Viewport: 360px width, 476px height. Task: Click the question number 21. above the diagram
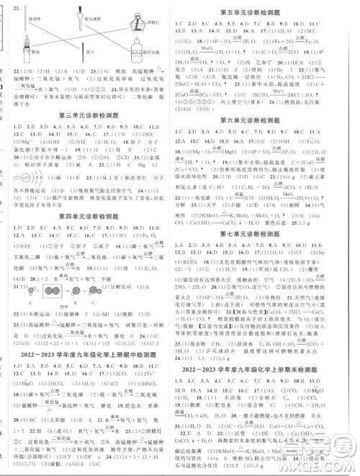[15, 6]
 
